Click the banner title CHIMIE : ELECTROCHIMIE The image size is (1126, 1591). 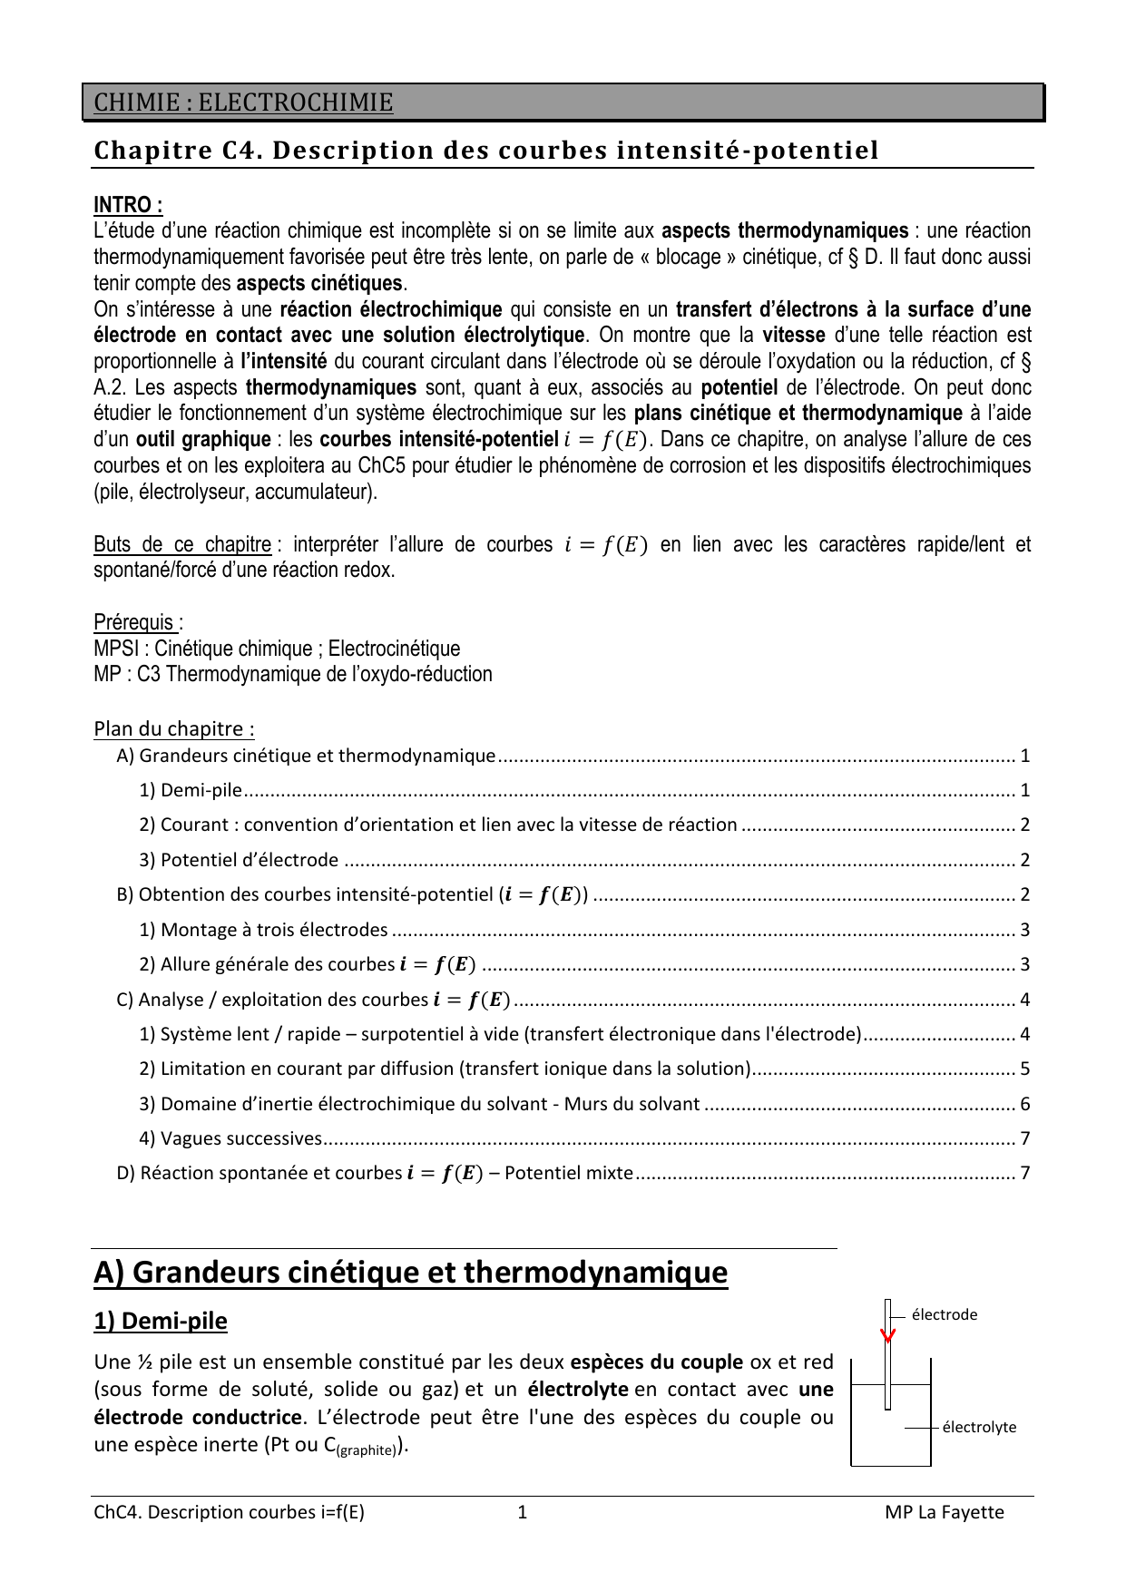(243, 102)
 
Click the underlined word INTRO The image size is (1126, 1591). (128, 205)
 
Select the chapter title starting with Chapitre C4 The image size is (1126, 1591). (486, 151)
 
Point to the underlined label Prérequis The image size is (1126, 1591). (136, 622)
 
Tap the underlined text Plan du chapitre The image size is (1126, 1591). (173, 729)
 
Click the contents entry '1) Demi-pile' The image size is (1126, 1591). (191, 790)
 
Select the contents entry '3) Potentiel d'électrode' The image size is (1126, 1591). (240, 860)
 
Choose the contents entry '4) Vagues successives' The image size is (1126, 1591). (231, 1138)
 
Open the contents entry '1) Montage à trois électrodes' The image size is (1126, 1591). (264, 930)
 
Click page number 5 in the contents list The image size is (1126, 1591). (1024, 1069)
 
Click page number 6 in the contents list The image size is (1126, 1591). (1024, 1104)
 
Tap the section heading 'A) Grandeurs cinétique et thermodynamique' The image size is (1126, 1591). (410, 1273)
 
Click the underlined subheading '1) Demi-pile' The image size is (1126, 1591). (161, 1321)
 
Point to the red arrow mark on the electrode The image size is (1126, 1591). (888, 1335)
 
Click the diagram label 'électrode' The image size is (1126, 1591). (944, 1315)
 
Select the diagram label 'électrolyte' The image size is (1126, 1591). (979, 1428)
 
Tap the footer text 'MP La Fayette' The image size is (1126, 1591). (945, 1512)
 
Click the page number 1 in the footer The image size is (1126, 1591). (522, 1512)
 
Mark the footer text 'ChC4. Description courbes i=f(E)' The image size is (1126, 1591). (229, 1512)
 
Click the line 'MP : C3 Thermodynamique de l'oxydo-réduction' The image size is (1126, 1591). (293, 674)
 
